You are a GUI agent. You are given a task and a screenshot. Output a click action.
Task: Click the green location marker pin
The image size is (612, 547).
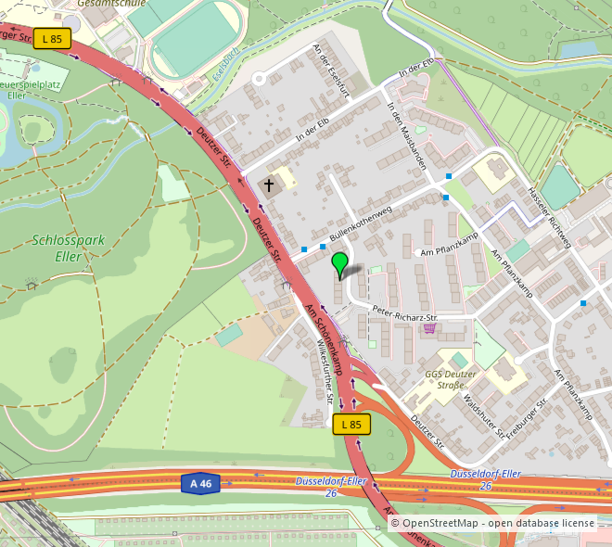340,263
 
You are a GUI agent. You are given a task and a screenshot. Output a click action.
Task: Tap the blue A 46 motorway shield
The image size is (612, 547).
200,483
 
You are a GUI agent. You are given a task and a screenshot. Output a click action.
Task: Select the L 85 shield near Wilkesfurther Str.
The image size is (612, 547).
351,424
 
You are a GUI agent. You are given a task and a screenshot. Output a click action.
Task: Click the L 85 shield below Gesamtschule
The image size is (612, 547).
52,39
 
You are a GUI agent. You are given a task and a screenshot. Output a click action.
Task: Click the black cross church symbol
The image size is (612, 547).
270,185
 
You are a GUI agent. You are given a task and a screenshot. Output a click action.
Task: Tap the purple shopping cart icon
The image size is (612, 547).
429,327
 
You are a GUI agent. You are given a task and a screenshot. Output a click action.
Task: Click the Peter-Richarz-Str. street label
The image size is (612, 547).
403,312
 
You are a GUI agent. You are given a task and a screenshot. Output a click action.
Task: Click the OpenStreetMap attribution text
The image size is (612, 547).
491,524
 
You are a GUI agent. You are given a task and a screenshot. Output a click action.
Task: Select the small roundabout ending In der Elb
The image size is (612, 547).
259,79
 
